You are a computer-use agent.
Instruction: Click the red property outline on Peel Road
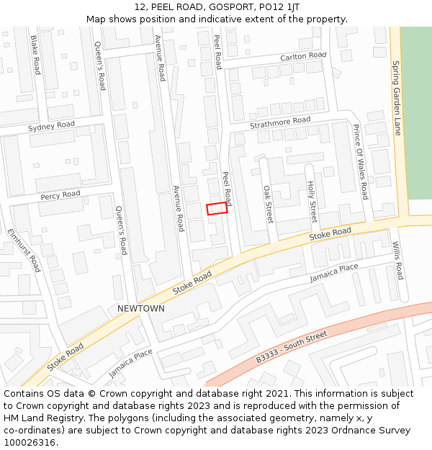pos(217,209)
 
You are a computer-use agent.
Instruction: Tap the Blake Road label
pos(35,55)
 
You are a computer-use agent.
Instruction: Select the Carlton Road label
pos(303,55)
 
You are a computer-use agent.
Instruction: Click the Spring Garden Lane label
pos(397,97)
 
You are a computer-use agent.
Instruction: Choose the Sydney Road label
pos(51,127)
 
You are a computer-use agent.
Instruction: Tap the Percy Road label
pos(60,195)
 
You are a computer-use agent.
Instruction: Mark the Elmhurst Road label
pos(24,250)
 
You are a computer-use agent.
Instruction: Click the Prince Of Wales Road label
pos(360,161)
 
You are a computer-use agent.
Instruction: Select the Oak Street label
pos(268,204)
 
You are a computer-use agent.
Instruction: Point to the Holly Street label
pos(312,202)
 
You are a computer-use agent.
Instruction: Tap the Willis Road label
pos(397,261)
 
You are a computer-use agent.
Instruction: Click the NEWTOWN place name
pos(141,308)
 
